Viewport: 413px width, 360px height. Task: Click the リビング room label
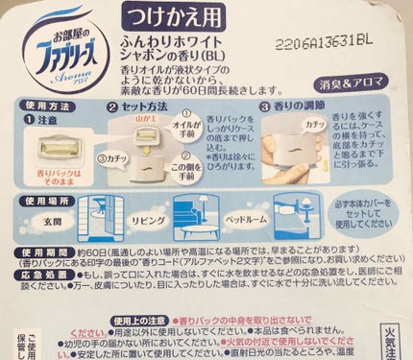[x=141, y=234]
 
